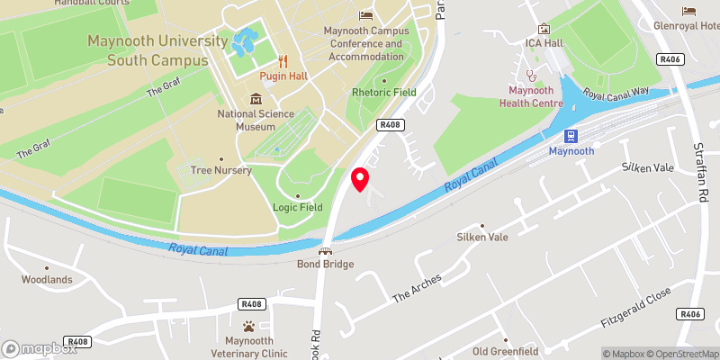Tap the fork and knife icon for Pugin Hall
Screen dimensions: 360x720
click(x=283, y=61)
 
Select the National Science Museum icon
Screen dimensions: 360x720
click(x=256, y=99)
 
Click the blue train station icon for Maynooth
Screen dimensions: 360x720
click(x=570, y=136)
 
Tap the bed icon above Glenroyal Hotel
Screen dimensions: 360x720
click(x=688, y=11)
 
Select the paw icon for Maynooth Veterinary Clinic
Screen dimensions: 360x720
click(x=249, y=325)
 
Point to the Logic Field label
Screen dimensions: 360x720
click(x=298, y=207)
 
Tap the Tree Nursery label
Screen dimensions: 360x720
click(x=220, y=170)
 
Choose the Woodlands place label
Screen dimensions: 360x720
click(x=47, y=279)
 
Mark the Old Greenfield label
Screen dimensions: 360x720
click(x=505, y=350)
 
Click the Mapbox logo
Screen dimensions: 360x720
click(x=38, y=347)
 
